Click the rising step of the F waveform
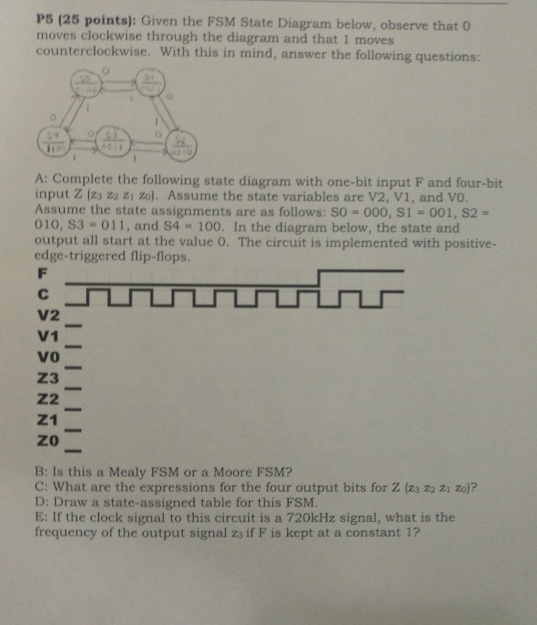point(318,278)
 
